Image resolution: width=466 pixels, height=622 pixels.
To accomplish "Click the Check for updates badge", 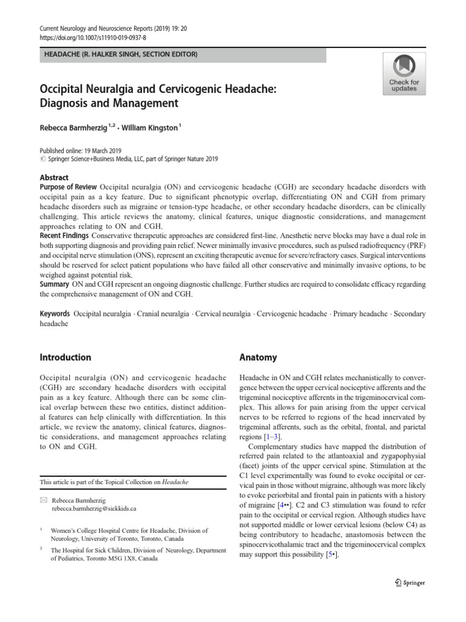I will tap(404, 73).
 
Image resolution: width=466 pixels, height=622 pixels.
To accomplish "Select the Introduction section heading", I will tap(65, 357).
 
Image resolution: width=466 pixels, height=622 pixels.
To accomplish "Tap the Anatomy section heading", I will tap(258, 358).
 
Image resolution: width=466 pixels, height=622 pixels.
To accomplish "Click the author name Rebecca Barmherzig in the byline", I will tap(72, 129).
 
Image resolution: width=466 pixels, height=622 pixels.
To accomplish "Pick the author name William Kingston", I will tap(150, 129).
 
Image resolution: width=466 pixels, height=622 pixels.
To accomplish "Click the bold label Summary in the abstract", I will tap(54, 284).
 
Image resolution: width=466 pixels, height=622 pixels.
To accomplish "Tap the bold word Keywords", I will tap(55, 314).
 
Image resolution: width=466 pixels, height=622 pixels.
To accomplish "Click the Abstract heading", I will tap(54, 177).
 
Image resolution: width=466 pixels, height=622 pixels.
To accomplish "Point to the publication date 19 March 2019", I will tap(99, 150).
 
